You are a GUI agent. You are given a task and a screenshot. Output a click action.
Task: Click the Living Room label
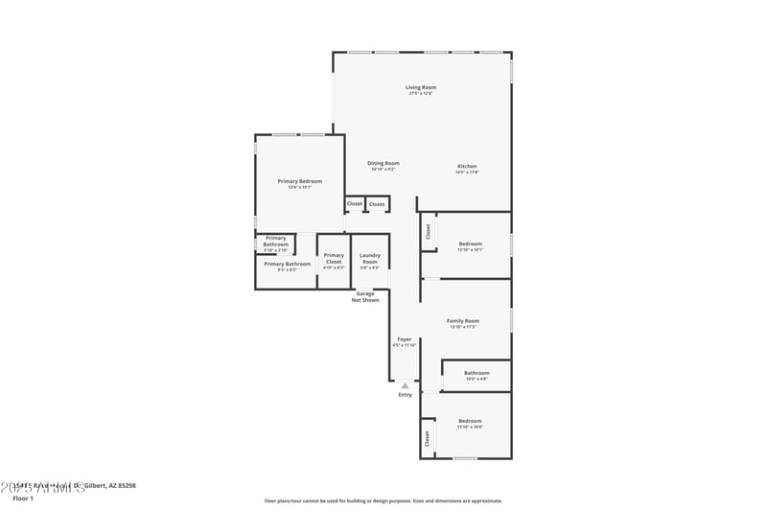click(x=422, y=87)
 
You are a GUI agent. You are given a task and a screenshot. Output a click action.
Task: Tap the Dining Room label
click(x=383, y=163)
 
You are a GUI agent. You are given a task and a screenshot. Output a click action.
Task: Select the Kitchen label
click(x=467, y=166)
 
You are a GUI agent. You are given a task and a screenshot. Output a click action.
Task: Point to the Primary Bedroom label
click(x=300, y=181)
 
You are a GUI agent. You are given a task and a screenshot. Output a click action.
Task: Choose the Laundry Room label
click(x=370, y=259)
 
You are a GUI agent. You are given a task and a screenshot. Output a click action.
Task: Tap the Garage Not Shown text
click(x=365, y=296)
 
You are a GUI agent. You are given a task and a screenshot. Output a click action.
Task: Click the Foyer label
click(x=405, y=339)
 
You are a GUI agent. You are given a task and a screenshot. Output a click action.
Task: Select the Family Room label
click(x=463, y=321)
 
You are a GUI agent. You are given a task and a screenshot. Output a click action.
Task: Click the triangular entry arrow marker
click(x=405, y=385)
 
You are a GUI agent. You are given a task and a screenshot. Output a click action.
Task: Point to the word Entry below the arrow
click(x=405, y=395)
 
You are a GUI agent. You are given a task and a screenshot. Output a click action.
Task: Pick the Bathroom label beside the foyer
click(x=476, y=373)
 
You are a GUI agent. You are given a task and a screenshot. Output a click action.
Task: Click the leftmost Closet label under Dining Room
click(x=355, y=203)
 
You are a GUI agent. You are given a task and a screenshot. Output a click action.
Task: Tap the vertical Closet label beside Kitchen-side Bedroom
click(x=429, y=231)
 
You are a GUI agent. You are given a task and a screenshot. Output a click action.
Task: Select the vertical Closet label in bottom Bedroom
click(x=428, y=438)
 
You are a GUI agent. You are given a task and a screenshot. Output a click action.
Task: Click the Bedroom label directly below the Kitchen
click(x=470, y=244)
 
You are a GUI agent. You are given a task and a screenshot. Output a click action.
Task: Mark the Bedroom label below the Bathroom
click(x=470, y=421)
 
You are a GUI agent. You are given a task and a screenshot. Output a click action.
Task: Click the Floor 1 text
click(x=23, y=499)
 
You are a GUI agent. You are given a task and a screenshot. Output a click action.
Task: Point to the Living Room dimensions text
click(x=422, y=94)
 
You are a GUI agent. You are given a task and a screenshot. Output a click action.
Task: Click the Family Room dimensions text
click(x=463, y=328)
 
